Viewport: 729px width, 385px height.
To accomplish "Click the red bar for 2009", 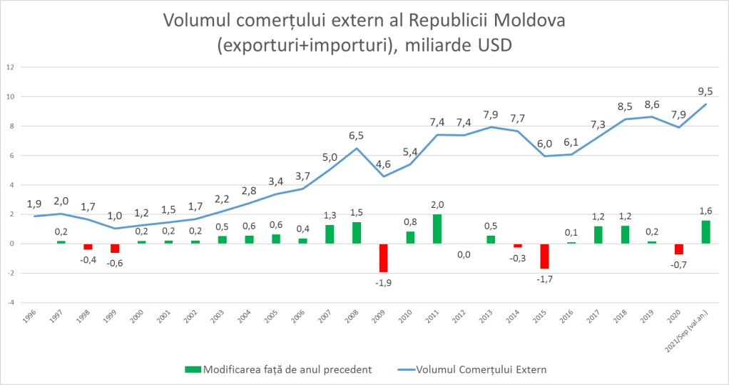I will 383,258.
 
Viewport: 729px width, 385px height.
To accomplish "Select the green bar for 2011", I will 437,229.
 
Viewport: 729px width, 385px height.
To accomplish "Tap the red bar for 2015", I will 544,256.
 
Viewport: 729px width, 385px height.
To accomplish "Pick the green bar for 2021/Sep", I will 705,231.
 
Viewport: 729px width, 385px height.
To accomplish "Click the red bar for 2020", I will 678,249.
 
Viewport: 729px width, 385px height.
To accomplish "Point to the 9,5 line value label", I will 705,91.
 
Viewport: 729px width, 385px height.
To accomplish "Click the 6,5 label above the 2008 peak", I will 357,134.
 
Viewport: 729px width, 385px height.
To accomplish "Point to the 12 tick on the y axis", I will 10,67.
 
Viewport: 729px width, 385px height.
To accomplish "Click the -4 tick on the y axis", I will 11,302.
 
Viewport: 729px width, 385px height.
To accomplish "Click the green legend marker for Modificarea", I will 193,369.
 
